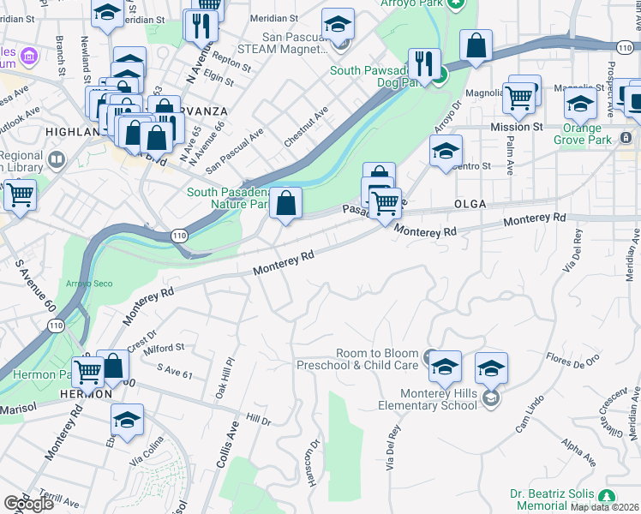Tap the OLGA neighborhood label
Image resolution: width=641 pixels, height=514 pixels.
click(x=470, y=204)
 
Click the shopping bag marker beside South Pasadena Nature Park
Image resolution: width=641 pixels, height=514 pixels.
click(x=287, y=204)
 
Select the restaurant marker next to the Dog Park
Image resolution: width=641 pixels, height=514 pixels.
click(x=424, y=63)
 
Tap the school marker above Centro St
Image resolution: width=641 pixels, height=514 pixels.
click(x=445, y=151)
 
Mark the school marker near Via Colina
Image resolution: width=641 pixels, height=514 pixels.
click(x=127, y=420)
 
